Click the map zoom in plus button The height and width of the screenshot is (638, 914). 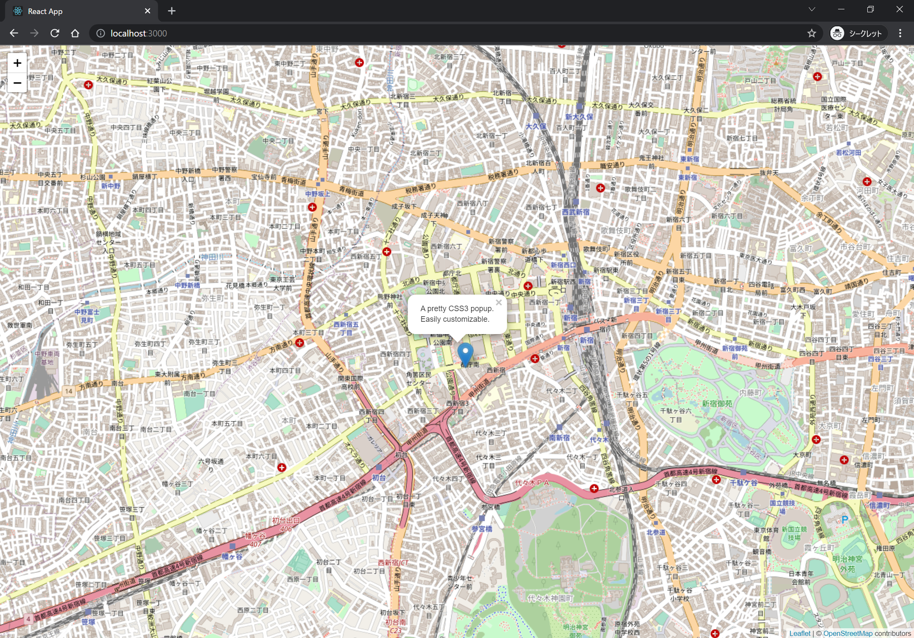point(17,63)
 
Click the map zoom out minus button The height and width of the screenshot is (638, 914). point(17,83)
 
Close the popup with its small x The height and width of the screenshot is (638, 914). point(499,303)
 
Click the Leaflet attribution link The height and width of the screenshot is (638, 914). point(799,633)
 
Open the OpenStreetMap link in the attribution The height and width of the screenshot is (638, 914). point(847,633)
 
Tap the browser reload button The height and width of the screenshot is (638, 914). point(55,33)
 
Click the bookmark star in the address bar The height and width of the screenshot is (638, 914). point(811,33)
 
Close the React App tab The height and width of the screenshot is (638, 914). point(148,11)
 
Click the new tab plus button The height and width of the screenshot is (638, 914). point(172,11)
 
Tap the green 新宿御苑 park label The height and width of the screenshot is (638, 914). point(717,404)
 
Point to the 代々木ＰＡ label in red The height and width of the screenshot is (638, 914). point(532,483)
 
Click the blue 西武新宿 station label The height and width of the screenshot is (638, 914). point(576,212)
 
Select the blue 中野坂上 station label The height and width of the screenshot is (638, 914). point(317,194)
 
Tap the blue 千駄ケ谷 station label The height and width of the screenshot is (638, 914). point(743,483)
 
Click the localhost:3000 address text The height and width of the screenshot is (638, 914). point(139,33)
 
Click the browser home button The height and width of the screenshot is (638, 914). point(75,33)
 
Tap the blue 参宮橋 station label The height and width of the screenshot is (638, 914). point(482,529)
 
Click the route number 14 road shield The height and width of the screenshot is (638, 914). point(69,391)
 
